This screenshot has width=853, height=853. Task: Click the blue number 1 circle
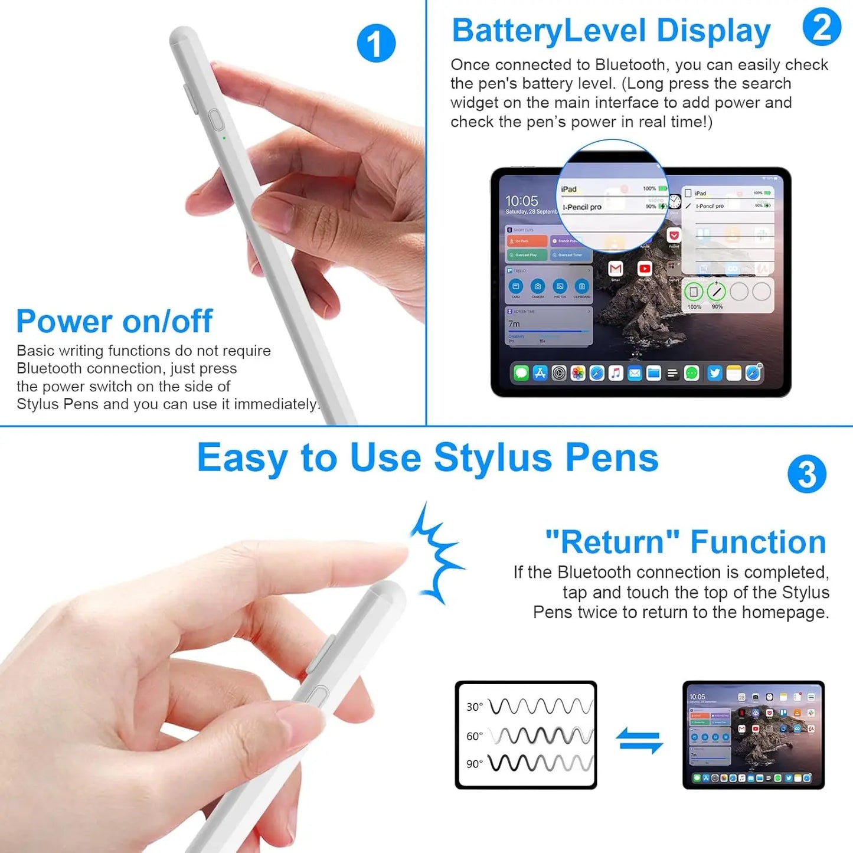[376, 43]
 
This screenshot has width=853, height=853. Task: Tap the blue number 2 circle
[822, 27]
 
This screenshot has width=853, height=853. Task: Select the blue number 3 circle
[807, 474]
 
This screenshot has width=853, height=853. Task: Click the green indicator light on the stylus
[224, 138]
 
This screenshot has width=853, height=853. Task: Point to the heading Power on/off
[114, 321]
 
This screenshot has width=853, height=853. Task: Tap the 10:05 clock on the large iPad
[522, 201]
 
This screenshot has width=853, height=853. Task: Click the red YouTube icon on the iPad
[645, 269]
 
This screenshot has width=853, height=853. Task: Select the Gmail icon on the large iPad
[616, 269]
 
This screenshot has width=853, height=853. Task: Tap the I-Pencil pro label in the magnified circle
[582, 207]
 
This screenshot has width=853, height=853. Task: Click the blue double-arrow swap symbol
[639, 740]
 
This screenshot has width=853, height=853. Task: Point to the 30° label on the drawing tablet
[475, 707]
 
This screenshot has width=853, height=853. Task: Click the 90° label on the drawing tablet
[475, 764]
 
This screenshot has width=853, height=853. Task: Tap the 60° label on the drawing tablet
[475, 736]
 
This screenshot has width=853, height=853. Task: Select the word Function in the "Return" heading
[758, 542]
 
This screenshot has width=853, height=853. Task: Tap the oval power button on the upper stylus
[217, 120]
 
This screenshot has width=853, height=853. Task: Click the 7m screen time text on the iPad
[514, 323]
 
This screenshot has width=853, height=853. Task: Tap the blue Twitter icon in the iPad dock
[715, 373]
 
